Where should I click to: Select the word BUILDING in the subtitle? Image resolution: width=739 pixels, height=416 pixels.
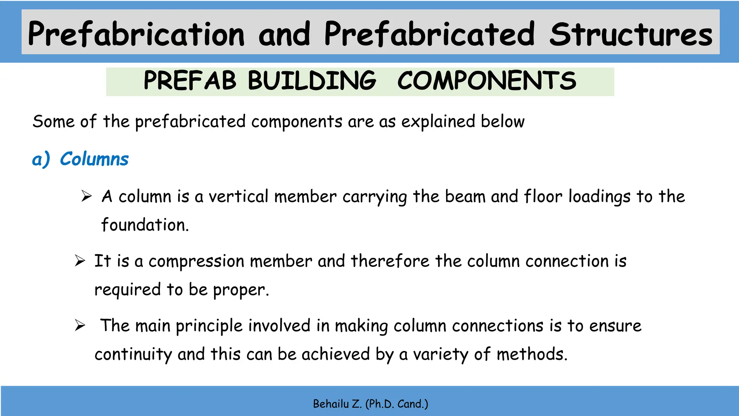click(x=312, y=81)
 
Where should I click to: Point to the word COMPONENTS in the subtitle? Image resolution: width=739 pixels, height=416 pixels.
click(x=486, y=81)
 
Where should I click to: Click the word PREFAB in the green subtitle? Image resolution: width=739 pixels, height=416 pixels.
click(x=190, y=81)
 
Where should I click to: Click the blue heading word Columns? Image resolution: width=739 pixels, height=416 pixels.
click(x=94, y=159)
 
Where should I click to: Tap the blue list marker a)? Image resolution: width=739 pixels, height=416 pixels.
click(x=41, y=159)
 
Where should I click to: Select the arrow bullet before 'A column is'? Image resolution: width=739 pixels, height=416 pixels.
click(x=87, y=196)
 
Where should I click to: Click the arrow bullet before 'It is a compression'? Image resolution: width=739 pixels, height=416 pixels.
click(x=80, y=261)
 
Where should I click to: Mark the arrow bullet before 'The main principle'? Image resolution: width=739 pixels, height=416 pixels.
click(x=80, y=325)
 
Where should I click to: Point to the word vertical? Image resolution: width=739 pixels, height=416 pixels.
click(x=238, y=197)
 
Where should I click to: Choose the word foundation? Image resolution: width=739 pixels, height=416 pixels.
click(x=145, y=225)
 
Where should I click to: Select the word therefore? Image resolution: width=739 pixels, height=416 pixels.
click(x=390, y=261)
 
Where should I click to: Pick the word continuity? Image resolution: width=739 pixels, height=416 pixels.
click(x=133, y=354)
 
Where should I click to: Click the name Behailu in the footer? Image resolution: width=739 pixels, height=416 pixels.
click(x=331, y=404)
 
